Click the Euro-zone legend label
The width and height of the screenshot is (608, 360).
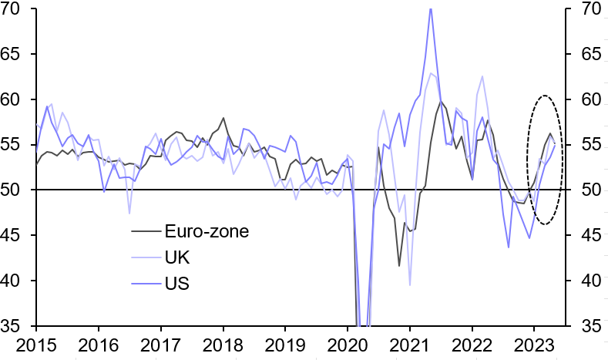(207, 230)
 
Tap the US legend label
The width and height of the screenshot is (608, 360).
(176, 284)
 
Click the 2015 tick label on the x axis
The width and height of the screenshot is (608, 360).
(36, 343)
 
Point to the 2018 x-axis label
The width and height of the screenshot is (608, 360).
(223, 343)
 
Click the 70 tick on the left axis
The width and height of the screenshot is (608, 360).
(17, 10)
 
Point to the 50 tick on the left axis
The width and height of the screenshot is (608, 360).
(17, 190)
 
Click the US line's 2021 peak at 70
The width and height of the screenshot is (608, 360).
(430, 8)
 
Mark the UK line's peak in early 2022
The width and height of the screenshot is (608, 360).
(482, 76)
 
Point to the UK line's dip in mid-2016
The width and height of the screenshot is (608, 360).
(129, 213)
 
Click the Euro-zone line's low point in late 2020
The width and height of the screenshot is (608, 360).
(399, 266)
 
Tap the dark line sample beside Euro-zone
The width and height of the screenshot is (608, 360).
(144, 230)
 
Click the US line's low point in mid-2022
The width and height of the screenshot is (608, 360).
(509, 247)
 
